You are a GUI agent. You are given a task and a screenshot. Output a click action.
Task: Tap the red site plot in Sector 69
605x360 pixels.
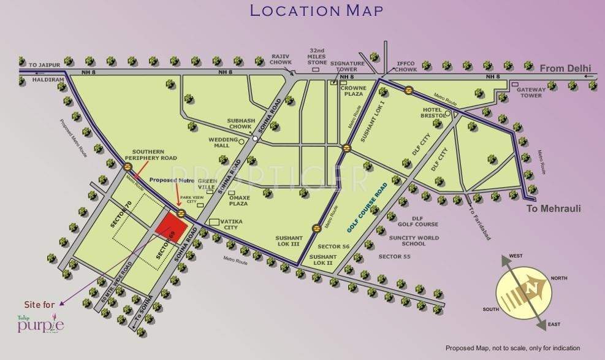tap(167, 225)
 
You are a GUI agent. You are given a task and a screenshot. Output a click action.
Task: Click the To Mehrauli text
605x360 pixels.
tap(554, 209)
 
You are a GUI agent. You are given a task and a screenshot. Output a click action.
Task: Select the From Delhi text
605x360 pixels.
tap(565, 67)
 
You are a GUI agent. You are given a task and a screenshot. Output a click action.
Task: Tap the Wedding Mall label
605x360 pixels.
tap(218, 142)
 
